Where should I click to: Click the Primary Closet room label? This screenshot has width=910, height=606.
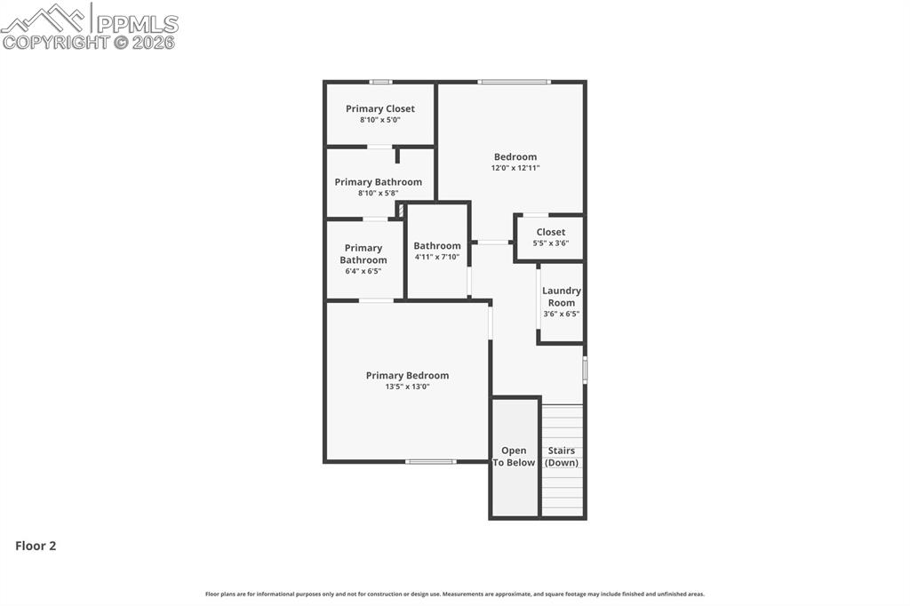coord(380,108)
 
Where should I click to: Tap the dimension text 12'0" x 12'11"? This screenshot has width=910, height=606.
coord(515,168)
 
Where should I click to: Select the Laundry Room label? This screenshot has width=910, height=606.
coord(562,297)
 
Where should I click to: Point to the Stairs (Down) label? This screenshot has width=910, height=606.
coord(562,457)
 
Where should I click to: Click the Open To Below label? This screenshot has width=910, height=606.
coord(514,457)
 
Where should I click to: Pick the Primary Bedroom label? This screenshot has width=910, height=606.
coord(407,375)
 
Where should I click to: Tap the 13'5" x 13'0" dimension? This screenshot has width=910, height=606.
coord(407,387)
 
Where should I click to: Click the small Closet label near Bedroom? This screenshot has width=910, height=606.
coord(551,232)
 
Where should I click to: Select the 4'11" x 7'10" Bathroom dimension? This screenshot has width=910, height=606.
coord(437,257)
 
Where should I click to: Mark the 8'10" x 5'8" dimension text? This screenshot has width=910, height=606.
coord(379,193)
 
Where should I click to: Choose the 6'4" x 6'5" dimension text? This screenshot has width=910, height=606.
coord(363,271)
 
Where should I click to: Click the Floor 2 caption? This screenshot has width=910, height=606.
coord(36,546)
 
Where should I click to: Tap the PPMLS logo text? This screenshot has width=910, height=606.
coord(137,24)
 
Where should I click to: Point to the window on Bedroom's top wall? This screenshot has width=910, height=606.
coord(514,83)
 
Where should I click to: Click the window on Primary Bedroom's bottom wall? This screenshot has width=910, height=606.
coord(431,461)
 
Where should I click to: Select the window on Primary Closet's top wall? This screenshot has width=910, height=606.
coord(380,83)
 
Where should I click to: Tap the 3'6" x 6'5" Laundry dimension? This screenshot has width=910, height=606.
coord(562,314)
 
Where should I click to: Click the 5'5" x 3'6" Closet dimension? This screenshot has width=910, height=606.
coord(551,243)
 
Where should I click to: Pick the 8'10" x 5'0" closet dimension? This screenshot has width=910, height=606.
coord(380,119)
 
